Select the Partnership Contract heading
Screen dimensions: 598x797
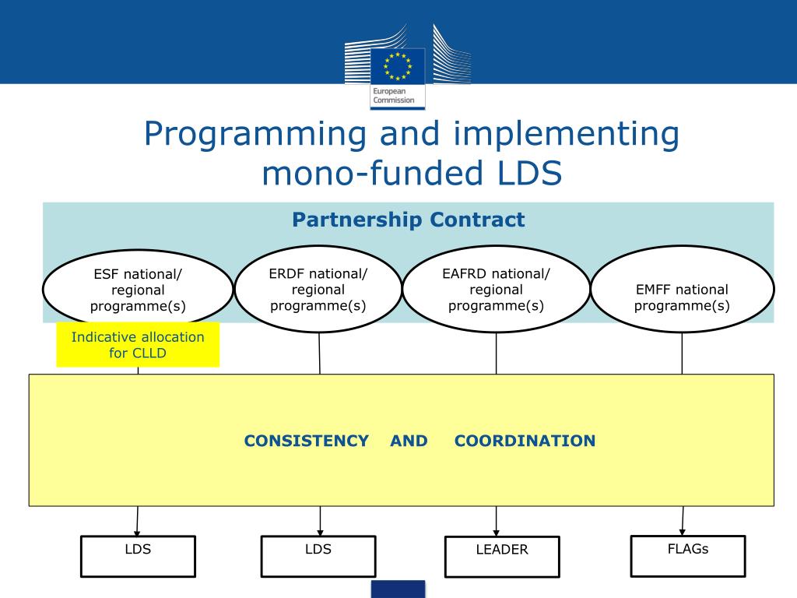(x=408, y=220)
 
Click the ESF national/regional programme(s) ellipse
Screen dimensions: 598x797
(x=138, y=290)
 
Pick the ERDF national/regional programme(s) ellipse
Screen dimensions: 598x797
(x=318, y=289)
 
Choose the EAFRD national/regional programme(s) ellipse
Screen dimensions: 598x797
(x=496, y=289)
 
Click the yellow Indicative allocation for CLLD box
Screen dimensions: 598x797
(x=138, y=344)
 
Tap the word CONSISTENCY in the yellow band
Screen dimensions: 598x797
(x=306, y=441)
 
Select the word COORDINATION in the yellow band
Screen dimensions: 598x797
(x=525, y=441)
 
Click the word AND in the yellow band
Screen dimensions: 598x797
(x=409, y=441)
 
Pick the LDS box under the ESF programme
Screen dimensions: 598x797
(x=138, y=555)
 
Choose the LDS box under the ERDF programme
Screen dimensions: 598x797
(x=318, y=556)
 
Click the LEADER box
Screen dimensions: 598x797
(x=502, y=556)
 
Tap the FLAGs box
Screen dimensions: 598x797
(x=687, y=555)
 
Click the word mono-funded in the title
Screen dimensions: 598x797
(x=357, y=173)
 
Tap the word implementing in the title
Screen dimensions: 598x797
(x=553, y=134)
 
